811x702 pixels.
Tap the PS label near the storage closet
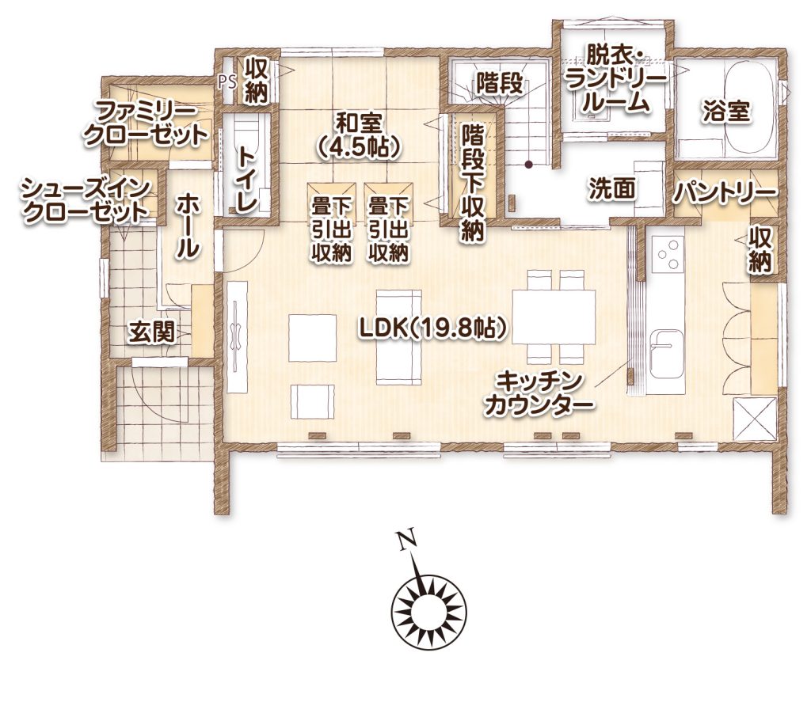(227, 83)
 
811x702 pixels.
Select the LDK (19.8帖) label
(432, 328)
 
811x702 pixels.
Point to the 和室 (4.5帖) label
(359, 135)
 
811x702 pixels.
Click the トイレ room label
(247, 179)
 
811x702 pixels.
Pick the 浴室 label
(726, 112)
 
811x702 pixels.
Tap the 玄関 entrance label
(152, 331)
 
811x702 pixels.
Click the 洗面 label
(612, 189)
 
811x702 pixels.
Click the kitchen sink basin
(666, 355)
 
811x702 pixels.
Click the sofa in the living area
(399, 337)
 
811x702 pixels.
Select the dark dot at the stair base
(528, 165)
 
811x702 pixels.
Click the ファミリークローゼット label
(146, 123)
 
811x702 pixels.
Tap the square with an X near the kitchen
(756, 419)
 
